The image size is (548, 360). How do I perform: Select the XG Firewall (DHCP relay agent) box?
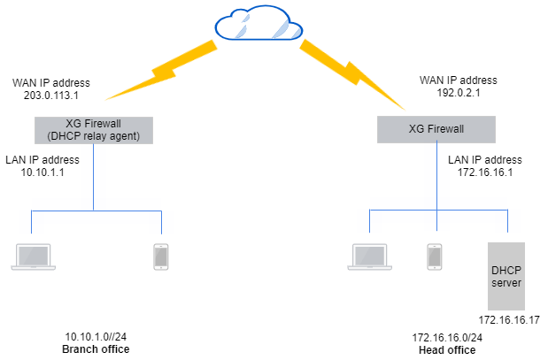click(94, 129)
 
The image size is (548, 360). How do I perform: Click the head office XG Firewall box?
click(436, 129)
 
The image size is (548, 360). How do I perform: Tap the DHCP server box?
click(506, 274)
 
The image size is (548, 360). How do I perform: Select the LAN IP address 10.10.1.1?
click(42, 172)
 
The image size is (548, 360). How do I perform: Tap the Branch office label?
click(96, 349)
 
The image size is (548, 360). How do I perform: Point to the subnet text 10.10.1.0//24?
click(96, 338)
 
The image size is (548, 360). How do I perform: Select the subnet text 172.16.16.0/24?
click(446, 338)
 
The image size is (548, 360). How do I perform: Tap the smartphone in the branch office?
click(160, 256)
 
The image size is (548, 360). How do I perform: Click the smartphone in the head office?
click(434, 256)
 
